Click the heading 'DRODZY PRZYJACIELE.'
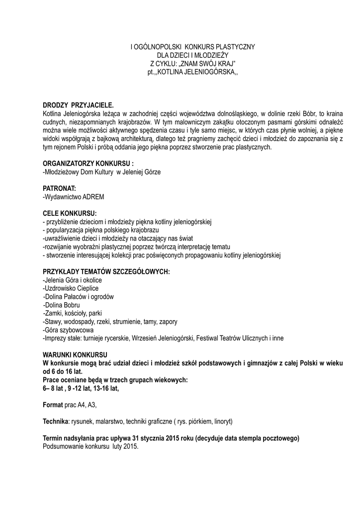78,105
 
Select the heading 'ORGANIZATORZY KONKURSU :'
88,164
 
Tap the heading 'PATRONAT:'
59,188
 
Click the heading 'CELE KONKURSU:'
70,213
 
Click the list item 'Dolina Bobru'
62,305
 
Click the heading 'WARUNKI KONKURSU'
75,355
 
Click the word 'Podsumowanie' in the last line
62,446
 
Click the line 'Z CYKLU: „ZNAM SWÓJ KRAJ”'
192,64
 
